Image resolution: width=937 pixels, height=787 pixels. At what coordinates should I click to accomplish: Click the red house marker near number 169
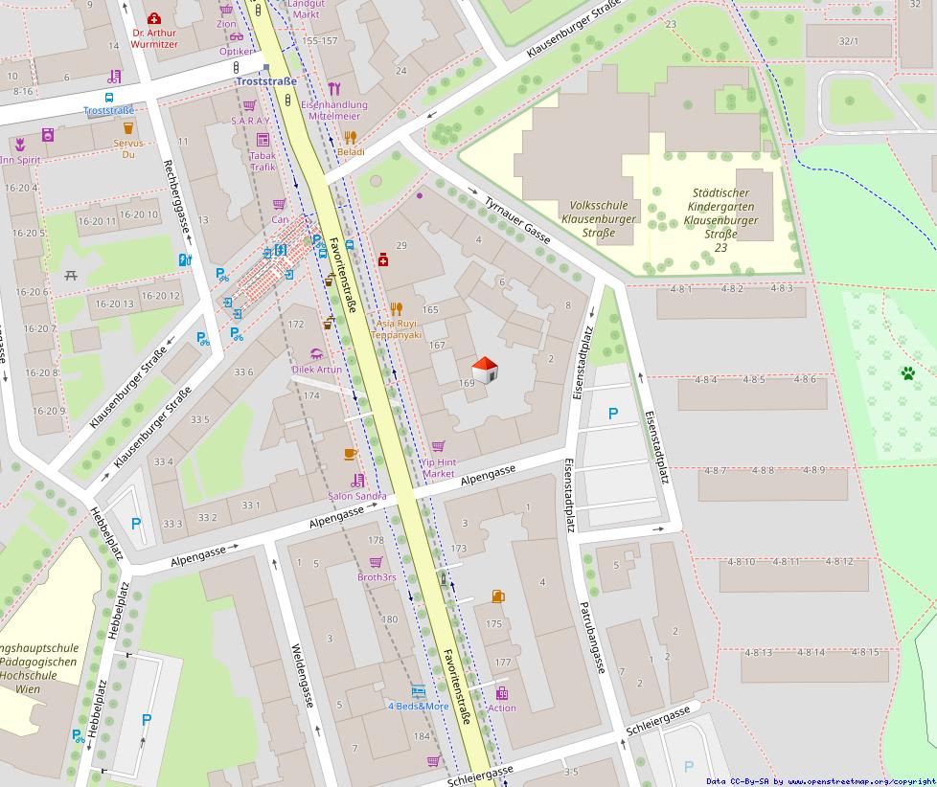pos(486,370)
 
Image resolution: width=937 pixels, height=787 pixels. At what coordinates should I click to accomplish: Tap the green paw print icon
pos(906,373)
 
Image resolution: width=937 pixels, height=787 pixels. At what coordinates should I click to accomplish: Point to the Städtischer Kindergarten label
pos(720,219)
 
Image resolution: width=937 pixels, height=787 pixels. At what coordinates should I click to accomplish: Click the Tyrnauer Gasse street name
pos(517,219)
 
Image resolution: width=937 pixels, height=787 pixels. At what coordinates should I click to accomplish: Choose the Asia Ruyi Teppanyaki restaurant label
pos(398,329)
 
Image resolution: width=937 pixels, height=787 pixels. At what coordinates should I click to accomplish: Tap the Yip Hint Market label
pos(439,468)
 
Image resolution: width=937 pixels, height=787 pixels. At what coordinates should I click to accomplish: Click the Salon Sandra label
pos(357,496)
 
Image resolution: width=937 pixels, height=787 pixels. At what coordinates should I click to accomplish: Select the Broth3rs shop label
pos(377,577)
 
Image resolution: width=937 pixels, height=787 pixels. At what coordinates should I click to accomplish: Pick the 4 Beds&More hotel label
pos(418,706)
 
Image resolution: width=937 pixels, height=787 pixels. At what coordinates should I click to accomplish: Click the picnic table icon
pos(71,276)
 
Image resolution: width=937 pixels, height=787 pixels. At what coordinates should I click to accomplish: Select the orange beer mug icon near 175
pos(497,596)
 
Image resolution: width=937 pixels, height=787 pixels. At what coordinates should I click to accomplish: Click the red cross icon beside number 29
pos(383,259)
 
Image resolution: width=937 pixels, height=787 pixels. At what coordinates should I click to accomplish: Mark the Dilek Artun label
pos(317,369)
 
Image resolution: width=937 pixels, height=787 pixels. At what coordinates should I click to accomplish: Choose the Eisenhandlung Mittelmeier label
pos(333,109)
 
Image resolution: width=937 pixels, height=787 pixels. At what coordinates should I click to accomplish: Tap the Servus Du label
pos(128,148)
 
